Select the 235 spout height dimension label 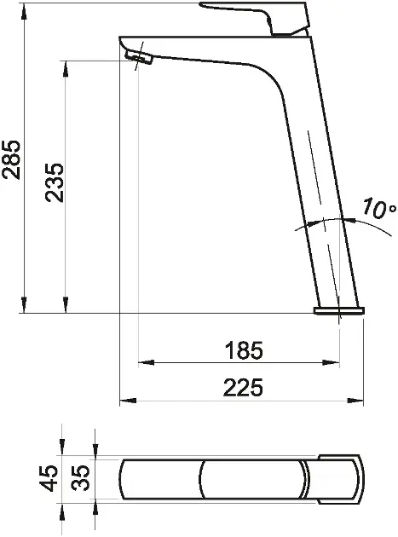pos(55,183)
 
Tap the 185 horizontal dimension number pos(245,350)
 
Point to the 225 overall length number pos(243,387)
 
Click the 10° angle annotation pos(379,207)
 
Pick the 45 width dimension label pos(48,478)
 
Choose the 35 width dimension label pos(81,478)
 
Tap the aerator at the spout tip pos(139,57)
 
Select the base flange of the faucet pos(339,310)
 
